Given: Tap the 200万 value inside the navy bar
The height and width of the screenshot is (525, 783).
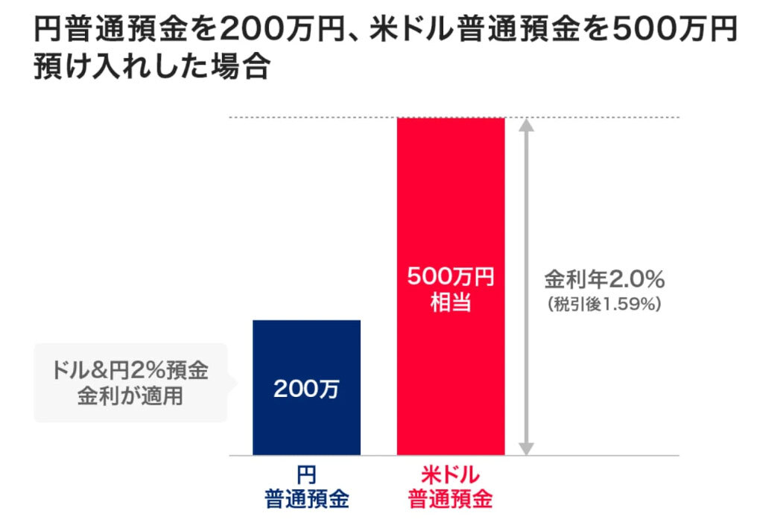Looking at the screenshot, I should pos(306,389).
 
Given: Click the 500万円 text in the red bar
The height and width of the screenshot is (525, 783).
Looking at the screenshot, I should pos(450,279).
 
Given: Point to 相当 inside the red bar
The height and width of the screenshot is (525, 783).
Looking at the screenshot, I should pos(450,303).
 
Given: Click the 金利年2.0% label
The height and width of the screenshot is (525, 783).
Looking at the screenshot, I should pos(603,281).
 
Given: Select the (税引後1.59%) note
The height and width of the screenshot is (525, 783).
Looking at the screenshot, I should pos(603,304).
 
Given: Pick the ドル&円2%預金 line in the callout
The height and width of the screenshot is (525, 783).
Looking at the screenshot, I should pos(130,371).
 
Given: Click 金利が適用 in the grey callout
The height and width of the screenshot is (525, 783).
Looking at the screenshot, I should pos(130,395).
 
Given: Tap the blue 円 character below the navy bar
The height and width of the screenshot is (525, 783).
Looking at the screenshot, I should pos(306,475).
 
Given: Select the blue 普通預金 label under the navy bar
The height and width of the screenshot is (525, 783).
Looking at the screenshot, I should pos(306,499).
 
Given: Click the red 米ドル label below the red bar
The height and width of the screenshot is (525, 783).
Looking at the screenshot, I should pos(450,475).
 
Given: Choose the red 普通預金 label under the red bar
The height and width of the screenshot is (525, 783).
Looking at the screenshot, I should pos(450,499).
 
